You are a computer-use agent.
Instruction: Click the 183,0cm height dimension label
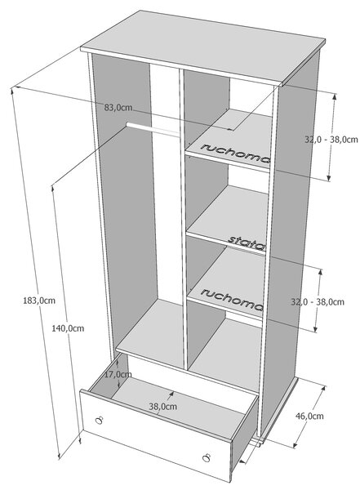39,301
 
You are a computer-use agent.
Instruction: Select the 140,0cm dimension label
68,328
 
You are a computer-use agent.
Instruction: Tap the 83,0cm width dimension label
118,108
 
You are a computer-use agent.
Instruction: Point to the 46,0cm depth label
309,416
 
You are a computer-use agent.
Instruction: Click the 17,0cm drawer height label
118,374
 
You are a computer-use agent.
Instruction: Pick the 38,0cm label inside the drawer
162,407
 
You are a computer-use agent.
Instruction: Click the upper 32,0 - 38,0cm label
331,140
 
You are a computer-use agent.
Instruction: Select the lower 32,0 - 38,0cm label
318,302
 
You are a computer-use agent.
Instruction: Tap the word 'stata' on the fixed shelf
247,243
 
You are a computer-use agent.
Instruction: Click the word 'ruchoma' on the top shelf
235,153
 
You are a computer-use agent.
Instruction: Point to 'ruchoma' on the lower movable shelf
232,300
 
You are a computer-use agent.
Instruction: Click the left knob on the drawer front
99,421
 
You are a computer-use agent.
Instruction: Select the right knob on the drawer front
206,457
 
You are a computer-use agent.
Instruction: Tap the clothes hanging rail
153,130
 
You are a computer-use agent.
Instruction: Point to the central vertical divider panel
184,219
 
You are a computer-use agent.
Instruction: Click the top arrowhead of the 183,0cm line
12,91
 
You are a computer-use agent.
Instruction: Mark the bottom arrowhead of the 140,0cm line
80,441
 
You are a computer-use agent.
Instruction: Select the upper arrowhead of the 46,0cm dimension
323,388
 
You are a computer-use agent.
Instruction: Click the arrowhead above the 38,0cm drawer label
171,394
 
